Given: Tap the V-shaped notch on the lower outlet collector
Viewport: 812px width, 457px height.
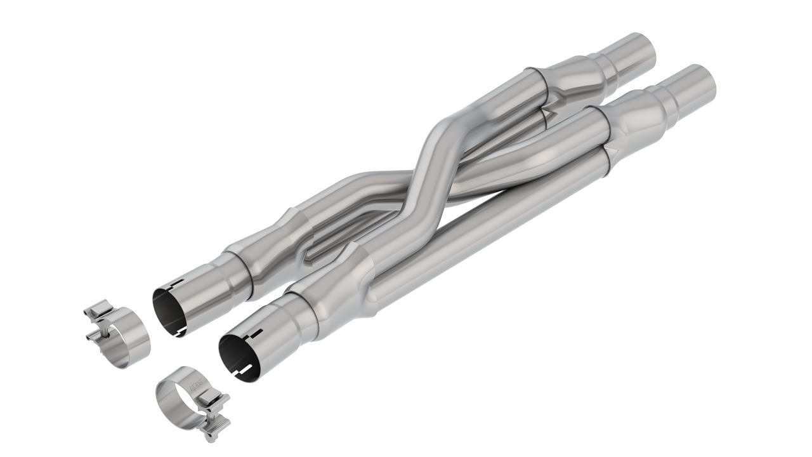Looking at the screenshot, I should pos(610,151).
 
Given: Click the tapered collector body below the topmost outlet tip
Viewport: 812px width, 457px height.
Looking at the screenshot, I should pos(580,75).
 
